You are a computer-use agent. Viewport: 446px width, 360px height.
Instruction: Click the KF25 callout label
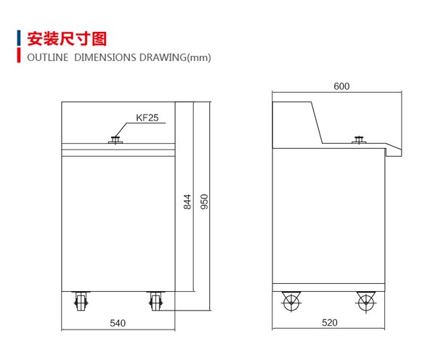147,118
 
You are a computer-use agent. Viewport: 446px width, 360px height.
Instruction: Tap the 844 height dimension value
187,202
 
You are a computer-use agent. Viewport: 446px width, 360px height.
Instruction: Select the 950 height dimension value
204,202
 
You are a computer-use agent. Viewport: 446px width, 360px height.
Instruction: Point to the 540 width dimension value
118,323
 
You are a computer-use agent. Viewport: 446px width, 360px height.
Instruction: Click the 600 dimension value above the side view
341,86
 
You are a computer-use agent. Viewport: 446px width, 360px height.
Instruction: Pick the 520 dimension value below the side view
330,322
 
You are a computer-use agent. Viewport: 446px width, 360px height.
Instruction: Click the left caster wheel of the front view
81,302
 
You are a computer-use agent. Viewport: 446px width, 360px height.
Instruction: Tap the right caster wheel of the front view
155,302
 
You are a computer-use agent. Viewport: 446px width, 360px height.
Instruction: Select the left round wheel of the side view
291,302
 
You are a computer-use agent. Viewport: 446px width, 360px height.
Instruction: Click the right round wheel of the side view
366,303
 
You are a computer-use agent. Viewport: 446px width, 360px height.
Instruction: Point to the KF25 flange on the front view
115,140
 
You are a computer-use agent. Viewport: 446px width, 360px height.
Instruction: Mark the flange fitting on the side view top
359,140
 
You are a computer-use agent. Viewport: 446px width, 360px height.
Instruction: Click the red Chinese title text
67,38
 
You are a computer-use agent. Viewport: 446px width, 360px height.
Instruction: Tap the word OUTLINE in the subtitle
48,57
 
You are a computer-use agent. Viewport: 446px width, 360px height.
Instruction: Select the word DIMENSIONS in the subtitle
105,57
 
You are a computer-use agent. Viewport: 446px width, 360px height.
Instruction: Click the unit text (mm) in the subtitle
199,57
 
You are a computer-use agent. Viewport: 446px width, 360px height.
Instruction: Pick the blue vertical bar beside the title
19,38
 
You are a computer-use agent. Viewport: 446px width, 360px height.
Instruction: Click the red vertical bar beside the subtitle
19,55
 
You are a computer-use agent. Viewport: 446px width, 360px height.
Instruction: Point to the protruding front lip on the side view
394,150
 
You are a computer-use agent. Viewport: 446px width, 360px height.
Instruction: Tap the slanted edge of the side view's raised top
317,123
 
